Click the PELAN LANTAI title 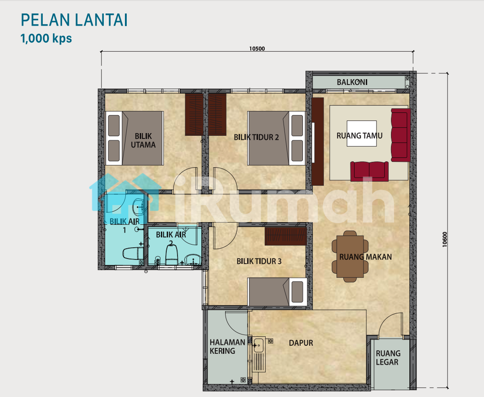pos(74,20)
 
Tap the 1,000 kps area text pos(46,39)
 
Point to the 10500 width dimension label pos(257,49)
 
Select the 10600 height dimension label pos(444,239)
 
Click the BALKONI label pos(352,82)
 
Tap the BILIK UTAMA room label pos(143,140)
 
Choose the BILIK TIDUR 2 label pos(256,137)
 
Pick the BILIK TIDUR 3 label pos(259,261)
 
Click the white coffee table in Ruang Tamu pos(361,134)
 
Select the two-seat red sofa pos(369,171)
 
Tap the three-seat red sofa pos(401,135)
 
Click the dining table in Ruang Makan pos(350,257)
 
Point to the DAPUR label pos(301,343)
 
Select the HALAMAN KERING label pos(227,347)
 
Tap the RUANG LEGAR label pos(388,358)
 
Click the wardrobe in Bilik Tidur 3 pos(285,236)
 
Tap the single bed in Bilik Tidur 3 pos(277,292)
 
